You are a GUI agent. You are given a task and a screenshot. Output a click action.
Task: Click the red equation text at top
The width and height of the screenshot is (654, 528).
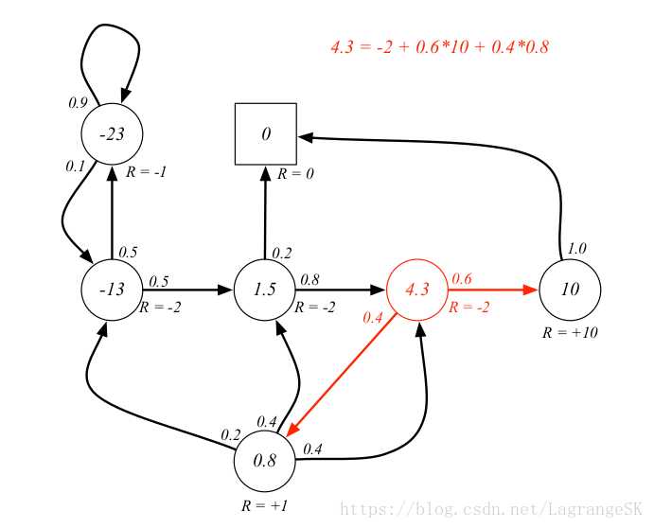coord(439,46)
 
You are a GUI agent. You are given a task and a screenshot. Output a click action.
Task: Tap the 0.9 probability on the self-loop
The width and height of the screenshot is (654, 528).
coord(78,102)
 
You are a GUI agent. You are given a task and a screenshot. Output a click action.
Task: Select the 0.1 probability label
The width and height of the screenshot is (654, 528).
coord(75,167)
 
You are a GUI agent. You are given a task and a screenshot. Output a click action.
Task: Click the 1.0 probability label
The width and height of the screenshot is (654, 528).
coord(576,249)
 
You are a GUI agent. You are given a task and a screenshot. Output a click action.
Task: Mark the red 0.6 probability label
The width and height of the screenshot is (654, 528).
coord(462,278)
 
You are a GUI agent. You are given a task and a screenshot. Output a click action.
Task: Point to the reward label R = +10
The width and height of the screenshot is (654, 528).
coord(570,332)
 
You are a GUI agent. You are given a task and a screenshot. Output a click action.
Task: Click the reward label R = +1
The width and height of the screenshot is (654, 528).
coord(264,506)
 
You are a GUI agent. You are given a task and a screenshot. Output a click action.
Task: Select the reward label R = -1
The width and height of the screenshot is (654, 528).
coord(146,172)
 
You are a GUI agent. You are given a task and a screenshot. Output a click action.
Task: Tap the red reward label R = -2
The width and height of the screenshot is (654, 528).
coord(468,308)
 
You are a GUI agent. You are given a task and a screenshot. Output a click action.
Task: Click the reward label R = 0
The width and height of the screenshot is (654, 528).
coord(295,173)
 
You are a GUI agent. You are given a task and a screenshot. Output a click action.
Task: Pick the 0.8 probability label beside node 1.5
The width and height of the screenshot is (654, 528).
coord(309,280)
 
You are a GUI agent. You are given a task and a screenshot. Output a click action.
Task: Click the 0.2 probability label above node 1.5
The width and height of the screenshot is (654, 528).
coord(282,254)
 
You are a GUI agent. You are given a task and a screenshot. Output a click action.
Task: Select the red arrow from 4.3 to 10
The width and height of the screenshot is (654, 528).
coord(493,290)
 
